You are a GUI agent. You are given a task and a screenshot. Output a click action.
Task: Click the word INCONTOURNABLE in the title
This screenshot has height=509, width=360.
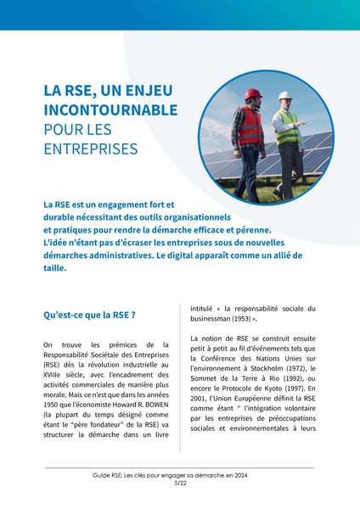[x=110, y=110]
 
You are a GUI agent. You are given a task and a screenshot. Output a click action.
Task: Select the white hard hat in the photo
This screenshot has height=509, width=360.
[x=284, y=96]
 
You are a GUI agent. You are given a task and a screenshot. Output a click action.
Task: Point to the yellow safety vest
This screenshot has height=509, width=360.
[x=289, y=127]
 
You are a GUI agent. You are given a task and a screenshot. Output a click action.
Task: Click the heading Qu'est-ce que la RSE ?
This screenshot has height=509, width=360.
[x=89, y=315]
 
